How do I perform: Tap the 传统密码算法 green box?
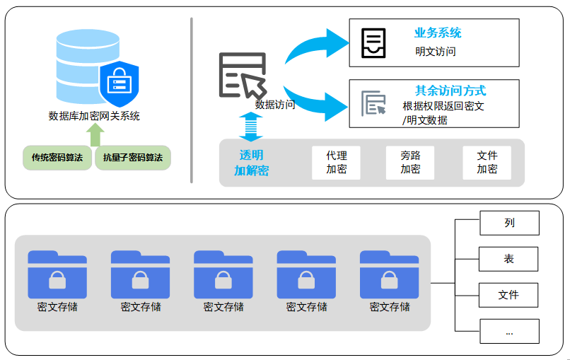point(57,157)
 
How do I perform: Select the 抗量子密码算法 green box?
point(133,157)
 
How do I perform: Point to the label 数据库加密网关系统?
point(94,116)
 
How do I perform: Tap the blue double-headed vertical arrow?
point(250,126)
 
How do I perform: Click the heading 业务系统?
point(438,33)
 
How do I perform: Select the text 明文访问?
point(436,52)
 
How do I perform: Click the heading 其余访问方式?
point(450,91)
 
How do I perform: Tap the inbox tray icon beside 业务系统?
point(373,43)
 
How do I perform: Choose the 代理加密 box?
point(336,163)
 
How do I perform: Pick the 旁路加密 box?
point(410,163)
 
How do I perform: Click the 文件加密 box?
point(487,163)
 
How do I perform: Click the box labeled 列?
point(509,223)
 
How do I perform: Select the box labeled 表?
point(509,259)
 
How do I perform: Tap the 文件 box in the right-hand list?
point(509,295)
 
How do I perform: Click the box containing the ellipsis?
point(509,331)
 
